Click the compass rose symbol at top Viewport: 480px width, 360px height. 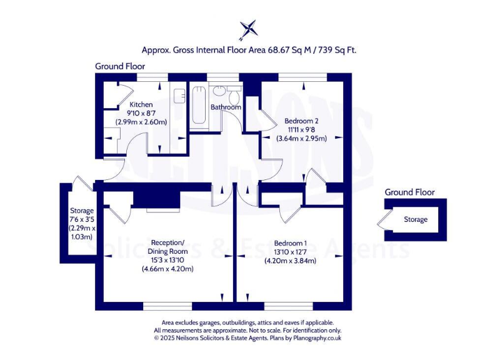[x=248, y=29]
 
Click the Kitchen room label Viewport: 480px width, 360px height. [x=141, y=104]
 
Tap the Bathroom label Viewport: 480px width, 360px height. [x=225, y=107]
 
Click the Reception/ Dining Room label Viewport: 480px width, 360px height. [x=166, y=247]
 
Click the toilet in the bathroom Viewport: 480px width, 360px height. [x=234, y=97]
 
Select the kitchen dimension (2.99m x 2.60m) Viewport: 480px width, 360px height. [x=141, y=122]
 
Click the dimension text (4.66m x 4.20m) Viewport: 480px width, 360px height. [x=166, y=269]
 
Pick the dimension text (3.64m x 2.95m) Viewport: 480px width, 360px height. [x=301, y=138]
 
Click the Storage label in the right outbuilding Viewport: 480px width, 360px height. [x=416, y=219]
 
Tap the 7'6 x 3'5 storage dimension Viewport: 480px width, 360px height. [x=82, y=219]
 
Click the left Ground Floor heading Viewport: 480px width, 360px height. [x=120, y=66]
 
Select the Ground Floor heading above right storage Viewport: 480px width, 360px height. [x=409, y=192]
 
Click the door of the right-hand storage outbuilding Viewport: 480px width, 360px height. [x=383, y=221]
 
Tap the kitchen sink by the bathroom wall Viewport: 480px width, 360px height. [x=179, y=96]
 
